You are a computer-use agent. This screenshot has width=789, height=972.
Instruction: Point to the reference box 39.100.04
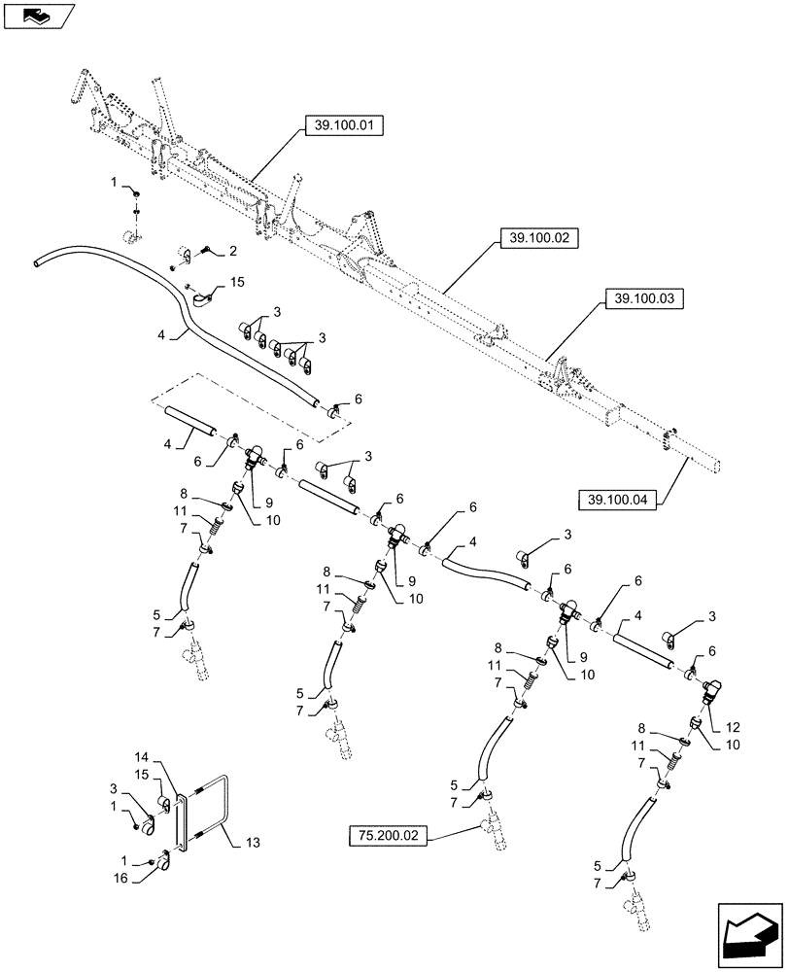coord(618,501)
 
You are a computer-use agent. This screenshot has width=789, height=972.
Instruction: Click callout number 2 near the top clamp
coord(233,252)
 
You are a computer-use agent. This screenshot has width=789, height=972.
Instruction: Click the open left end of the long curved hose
coord(39,260)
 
